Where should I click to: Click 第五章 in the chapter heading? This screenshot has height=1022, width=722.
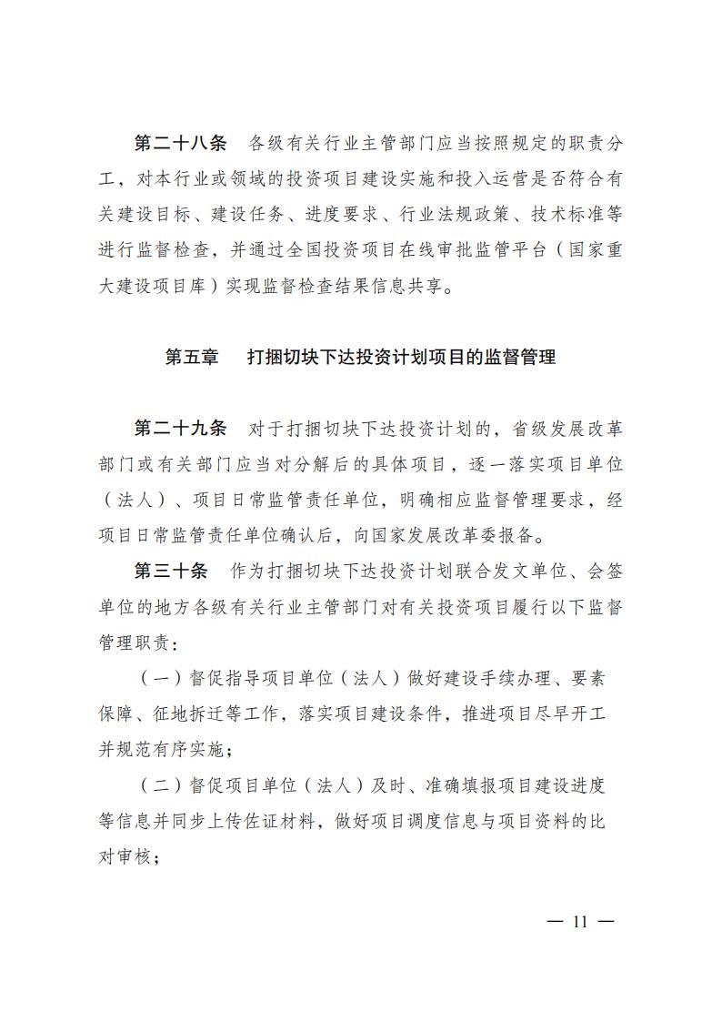(192, 358)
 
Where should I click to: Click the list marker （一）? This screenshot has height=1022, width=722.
(159, 678)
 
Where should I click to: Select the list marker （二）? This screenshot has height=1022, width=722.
(159, 785)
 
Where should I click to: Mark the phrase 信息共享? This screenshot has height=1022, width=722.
(406, 288)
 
